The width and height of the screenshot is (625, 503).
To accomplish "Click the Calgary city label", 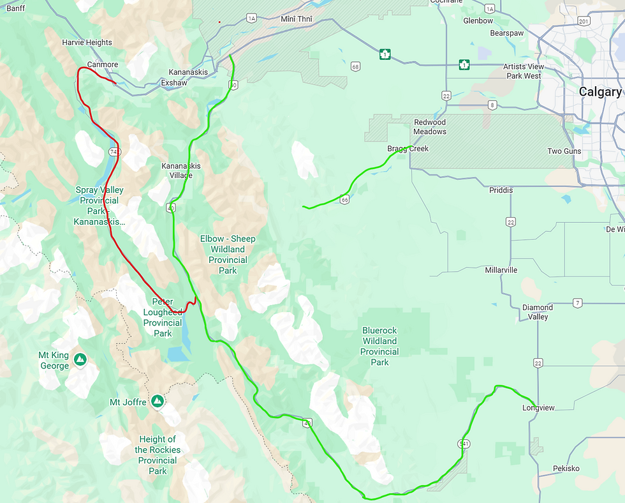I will tap(599, 92).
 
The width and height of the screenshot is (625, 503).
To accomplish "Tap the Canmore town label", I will tap(102, 64).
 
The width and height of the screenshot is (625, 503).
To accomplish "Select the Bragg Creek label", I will tap(408, 149).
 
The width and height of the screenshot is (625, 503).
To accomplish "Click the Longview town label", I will tap(538, 408).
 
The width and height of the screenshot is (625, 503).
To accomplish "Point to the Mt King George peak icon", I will tap(80, 360).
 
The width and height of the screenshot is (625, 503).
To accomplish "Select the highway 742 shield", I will tap(114, 152).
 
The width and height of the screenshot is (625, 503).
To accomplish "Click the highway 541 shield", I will tap(463, 443).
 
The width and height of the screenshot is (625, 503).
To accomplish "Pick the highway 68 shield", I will tap(355, 66).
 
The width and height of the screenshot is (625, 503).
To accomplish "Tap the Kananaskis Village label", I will tap(180, 170).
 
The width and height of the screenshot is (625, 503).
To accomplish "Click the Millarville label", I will tap(501, 270).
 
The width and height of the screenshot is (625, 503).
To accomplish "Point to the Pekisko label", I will tap(566, 469).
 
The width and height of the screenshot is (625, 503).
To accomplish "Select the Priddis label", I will tap(501, 190).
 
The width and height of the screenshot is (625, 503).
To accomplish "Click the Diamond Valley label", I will tap(538, 312).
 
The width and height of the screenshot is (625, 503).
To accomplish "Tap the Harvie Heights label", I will tap(87, 43).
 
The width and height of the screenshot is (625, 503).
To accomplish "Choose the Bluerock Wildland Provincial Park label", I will tap(379, 347).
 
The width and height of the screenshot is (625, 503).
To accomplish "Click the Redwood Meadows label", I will tap(430, 127).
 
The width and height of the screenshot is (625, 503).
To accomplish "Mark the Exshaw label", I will tap(174, 83).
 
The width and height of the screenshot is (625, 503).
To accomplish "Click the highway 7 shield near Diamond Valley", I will tap(578, 303).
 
